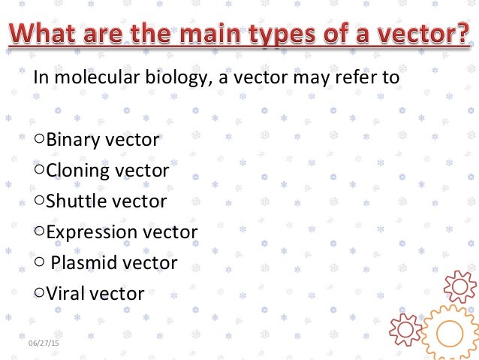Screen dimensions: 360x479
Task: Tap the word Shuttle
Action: [76, 201]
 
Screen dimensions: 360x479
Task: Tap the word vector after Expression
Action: [170, 232]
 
